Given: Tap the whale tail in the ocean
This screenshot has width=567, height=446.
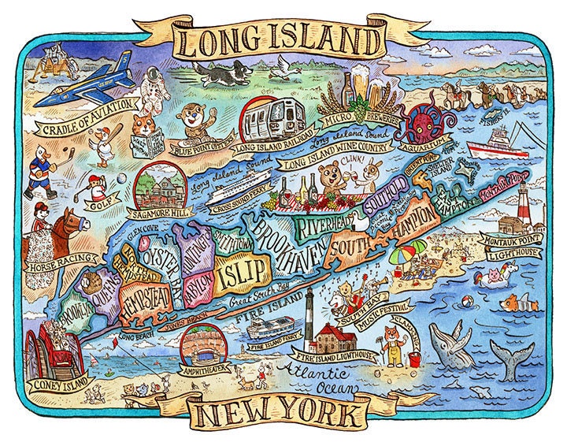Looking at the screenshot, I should click(511, 354).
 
